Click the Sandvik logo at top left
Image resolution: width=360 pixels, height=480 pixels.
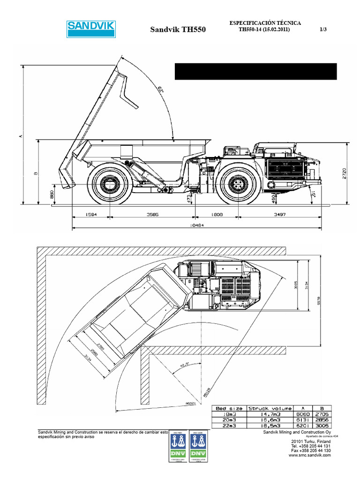[91, 29]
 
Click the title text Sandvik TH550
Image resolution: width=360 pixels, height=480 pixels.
[178, 30]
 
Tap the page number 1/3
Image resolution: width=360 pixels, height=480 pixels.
[323, 30]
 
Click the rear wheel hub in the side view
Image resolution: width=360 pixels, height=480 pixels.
[109, 183]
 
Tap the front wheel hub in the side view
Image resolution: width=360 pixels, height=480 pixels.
[238, 183]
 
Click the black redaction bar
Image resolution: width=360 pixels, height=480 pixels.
[255, 71]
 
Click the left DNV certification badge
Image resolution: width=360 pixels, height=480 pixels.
[177, 445]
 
